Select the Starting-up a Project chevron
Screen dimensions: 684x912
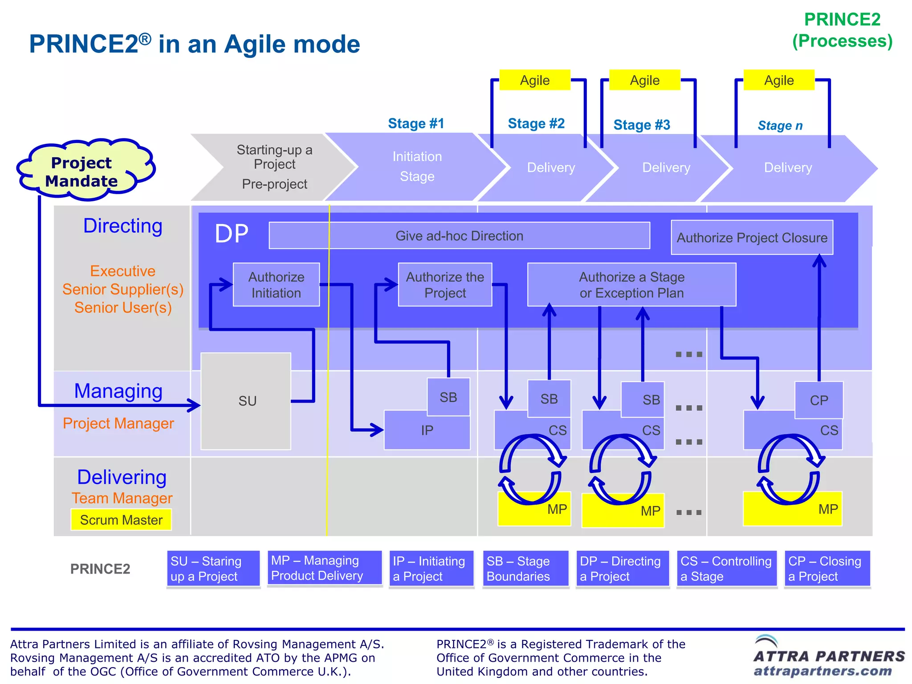(x=274, y=167)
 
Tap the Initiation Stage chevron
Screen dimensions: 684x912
(x=417, y=167)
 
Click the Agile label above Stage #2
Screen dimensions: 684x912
(x=534, y=80)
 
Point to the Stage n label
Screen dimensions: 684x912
(x=780, y=126)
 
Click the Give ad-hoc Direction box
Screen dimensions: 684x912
(x=459, y=236)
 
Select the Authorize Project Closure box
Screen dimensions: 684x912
(x=752, y=237)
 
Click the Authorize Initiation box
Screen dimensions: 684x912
(x=276, y=285)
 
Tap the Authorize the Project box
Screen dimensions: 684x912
(x=444, y=285)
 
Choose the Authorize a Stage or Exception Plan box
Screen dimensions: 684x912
(x=631, y=285)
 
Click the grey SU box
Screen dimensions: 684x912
(x=246, y=401)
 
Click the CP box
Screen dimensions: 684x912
(x=818, y=399)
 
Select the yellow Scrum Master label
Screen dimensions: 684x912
(x=121, y=520)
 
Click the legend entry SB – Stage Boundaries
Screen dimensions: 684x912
(x=525, y=569)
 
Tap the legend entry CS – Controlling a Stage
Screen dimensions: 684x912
(x=726, y=569)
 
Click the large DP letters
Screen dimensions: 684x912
(x=232, y=233)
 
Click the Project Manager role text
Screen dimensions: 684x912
(x=118, y=423)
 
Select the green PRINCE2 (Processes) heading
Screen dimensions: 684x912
(x=842, y=30)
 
